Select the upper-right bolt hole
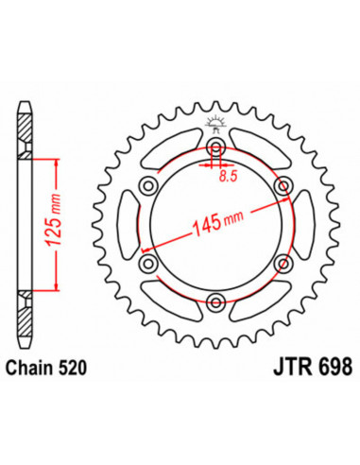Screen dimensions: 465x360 284,187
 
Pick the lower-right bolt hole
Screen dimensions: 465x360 284,264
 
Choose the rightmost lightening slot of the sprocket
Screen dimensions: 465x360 301,225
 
